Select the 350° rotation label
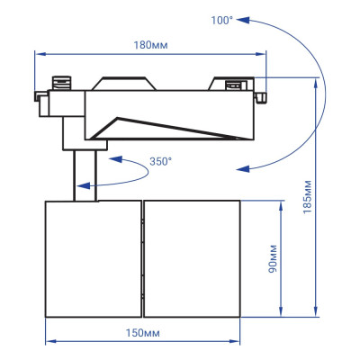pyautogui.click(x=159, y=162)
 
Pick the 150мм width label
pyautogui.click(x=143, y=331)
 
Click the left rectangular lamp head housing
pyautogui.click(x=93, y=258)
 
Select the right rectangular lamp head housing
pyautogui.click(x=192, y=258)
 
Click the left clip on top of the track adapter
pyautogui.click(x=63, y=81)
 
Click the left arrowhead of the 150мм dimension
pyautogui.click(x=49, y=342)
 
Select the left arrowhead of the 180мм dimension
pyautogui.click(x=38, y=53)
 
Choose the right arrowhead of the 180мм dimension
pyautogui.click(x=264, y=53)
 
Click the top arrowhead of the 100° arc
pyautogui.click(x=249, y=17)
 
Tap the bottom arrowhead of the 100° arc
pyautogui.click(x=239, y=166)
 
